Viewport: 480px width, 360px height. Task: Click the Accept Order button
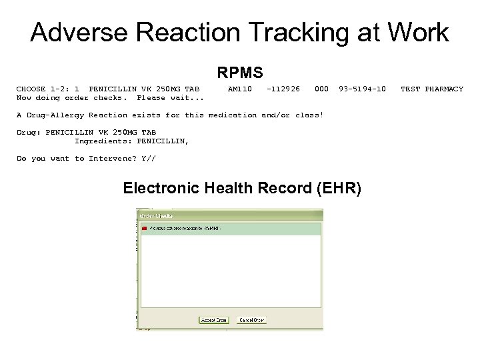click(213, 320)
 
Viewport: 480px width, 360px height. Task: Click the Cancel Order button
click(252, 320)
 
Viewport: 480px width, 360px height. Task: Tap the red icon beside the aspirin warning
click(144, 229)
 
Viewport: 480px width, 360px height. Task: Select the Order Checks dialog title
click(157, 215)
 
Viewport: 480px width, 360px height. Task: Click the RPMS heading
click(239, 72)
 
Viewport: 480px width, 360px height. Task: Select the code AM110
click(239, 89)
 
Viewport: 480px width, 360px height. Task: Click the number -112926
click(283, 89)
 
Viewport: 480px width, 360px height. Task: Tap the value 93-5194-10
click(362, 89)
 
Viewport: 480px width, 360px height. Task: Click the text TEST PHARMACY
click(431, 89)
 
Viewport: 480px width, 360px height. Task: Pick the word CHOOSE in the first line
click(31, 89)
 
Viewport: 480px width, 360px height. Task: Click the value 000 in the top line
click(321, 89)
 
